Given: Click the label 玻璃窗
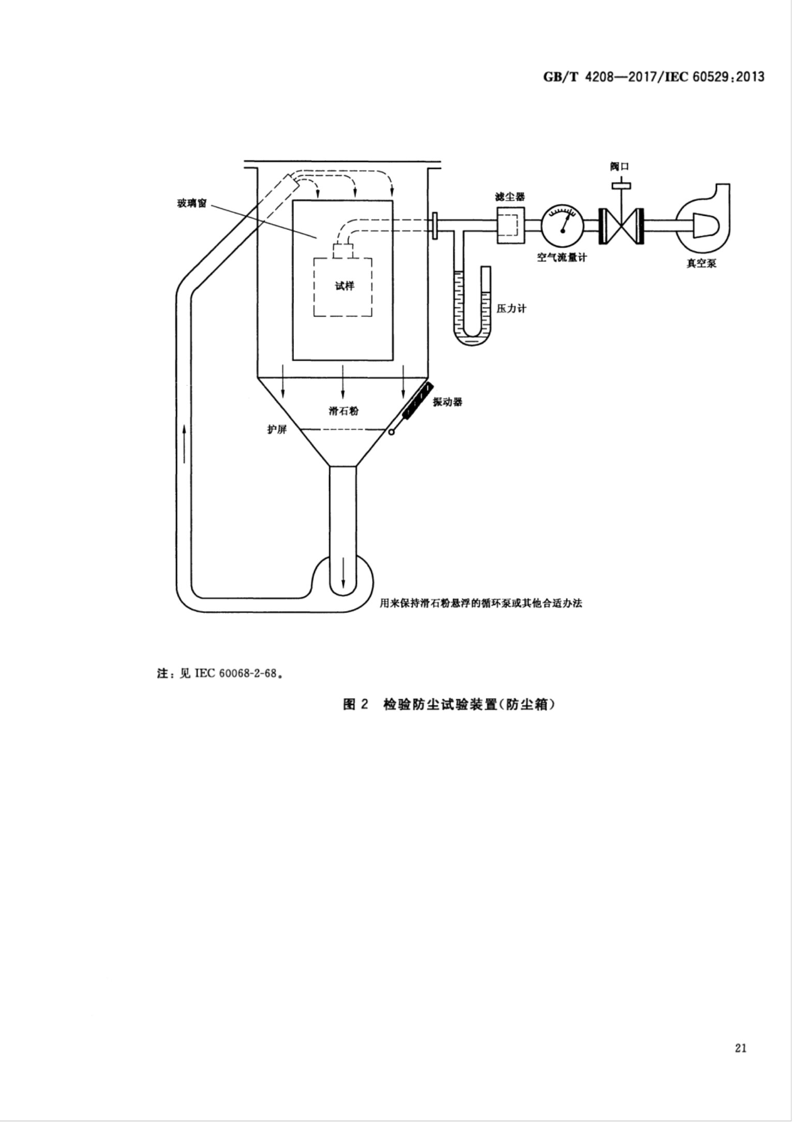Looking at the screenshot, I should [191, 203].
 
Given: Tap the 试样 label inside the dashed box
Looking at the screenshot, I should [344, 286].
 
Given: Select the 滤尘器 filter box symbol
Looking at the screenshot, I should [510, 225].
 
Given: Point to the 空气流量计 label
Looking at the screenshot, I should [562, 257].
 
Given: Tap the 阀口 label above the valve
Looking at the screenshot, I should [619, 166].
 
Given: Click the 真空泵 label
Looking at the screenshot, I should [701, 263].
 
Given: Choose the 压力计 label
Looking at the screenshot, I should [511, 308].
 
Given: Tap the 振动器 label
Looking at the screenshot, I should [447, 402].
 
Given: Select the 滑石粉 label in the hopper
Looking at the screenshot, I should [343, 411].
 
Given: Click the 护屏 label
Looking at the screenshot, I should [277, 430].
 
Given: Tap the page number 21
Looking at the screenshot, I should [740, 1049].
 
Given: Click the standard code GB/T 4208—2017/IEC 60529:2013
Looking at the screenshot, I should [654, 77].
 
